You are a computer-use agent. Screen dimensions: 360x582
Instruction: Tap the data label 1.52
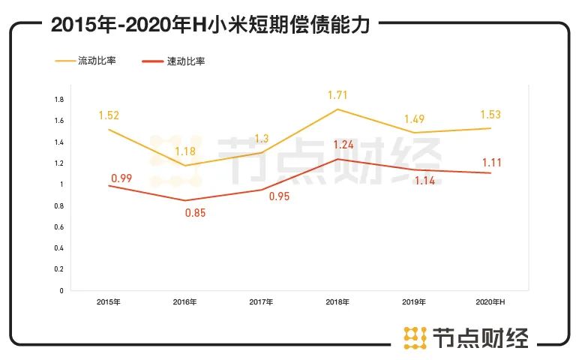click(109, 115)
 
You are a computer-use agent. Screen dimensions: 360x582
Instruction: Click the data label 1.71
click(337, 95)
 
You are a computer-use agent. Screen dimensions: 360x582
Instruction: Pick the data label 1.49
click(416, 120)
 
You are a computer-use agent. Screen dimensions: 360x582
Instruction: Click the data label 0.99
click(121, 177)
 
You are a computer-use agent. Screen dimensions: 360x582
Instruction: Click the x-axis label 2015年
click(109, 301)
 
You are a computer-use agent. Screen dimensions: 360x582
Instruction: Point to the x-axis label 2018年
click(338, 301)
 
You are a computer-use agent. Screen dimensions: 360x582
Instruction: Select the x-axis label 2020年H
click(492, 301)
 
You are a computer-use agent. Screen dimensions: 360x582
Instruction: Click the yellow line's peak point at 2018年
click(338, 109)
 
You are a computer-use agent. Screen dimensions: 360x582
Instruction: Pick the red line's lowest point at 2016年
click(184, 200)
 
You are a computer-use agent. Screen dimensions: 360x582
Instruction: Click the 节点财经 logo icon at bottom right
click(415, 337)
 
